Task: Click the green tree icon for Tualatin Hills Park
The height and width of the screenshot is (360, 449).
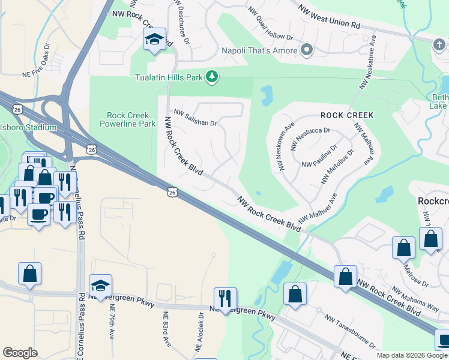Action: pyautogui.click(x=211, y=76)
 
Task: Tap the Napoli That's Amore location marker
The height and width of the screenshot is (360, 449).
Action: pyautogui.click(x=307, y=50)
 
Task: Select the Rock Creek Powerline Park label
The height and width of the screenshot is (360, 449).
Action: pyautogui.click(x=131, y=119)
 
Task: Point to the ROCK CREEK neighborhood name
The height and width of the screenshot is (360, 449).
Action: pyautogui.click(x=347, y=115)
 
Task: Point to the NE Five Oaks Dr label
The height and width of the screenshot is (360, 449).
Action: pyautogui.click(x=44, y=59)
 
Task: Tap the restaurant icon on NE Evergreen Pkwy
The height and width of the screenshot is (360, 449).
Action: pyautogui.click(x=225, y=298)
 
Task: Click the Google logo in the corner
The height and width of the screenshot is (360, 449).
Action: pyautogui.click(x=20, y=353)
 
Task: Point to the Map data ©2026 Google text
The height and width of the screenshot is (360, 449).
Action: pyautogui.click(x=412, y=355)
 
